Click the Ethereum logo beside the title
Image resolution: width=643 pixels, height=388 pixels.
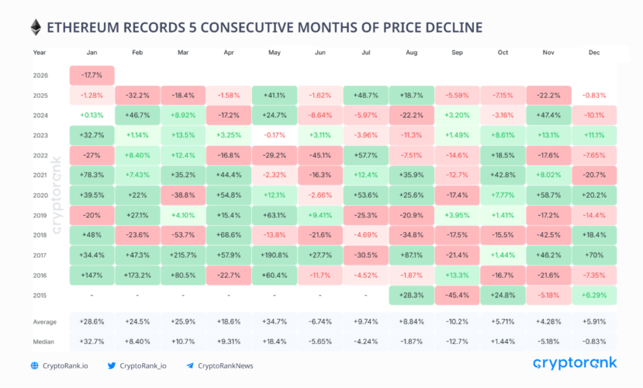(35, 27)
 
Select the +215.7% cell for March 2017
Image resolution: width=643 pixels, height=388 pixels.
(184, 255)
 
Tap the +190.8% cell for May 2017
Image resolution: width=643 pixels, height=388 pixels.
(275, 255)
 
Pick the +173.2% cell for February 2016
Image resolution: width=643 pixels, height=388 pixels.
(138, 275)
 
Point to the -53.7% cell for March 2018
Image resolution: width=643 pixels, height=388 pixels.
(184, 234)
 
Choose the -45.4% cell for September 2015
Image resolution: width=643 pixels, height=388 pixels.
(458, 295)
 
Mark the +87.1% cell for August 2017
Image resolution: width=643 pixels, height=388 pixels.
(412, 255)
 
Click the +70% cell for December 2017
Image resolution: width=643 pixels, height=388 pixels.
(594, 255)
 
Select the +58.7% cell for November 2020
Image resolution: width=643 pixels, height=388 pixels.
(548, 195)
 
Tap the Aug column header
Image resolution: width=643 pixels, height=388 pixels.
(412, 52)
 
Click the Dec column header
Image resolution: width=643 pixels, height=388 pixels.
(594, 52)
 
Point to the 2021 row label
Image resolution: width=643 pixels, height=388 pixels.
(40, 175)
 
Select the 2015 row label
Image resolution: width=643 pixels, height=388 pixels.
(40, 295)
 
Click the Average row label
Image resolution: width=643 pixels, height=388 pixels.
(45, 320)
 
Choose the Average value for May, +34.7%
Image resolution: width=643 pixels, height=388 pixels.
(275, 320)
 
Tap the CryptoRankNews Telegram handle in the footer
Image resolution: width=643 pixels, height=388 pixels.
(226, 365)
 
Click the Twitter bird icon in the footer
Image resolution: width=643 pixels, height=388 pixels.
(111, 365)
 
